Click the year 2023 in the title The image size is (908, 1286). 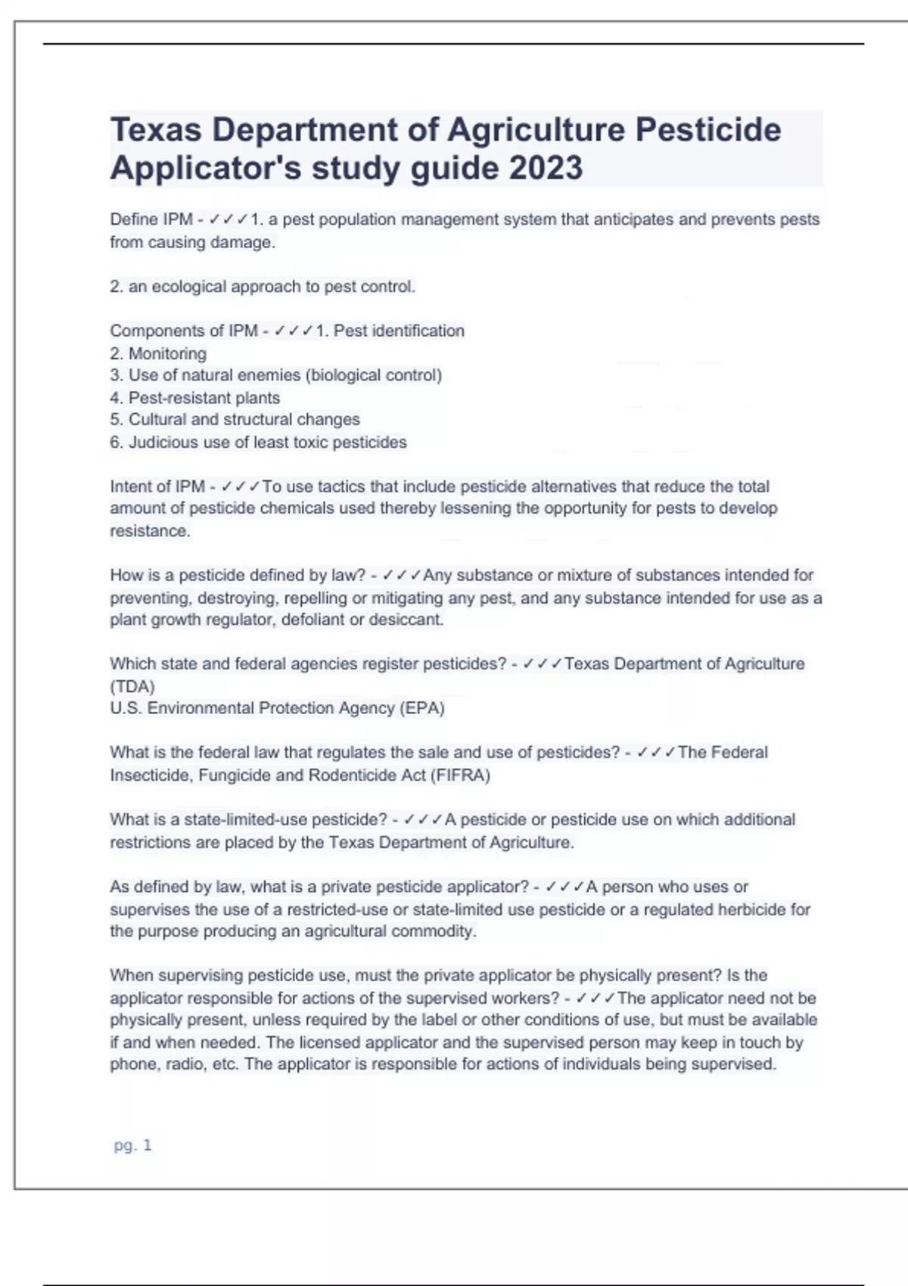point(546,168)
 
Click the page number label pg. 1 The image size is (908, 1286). point(132,1145)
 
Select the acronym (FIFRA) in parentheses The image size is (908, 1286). point(460,775)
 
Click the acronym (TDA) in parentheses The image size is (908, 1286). point(132,686)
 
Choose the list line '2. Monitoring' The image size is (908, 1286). point(158,353)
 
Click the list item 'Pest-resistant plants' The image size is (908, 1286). point(204,398)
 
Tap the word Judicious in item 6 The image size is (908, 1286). point(163,443)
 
